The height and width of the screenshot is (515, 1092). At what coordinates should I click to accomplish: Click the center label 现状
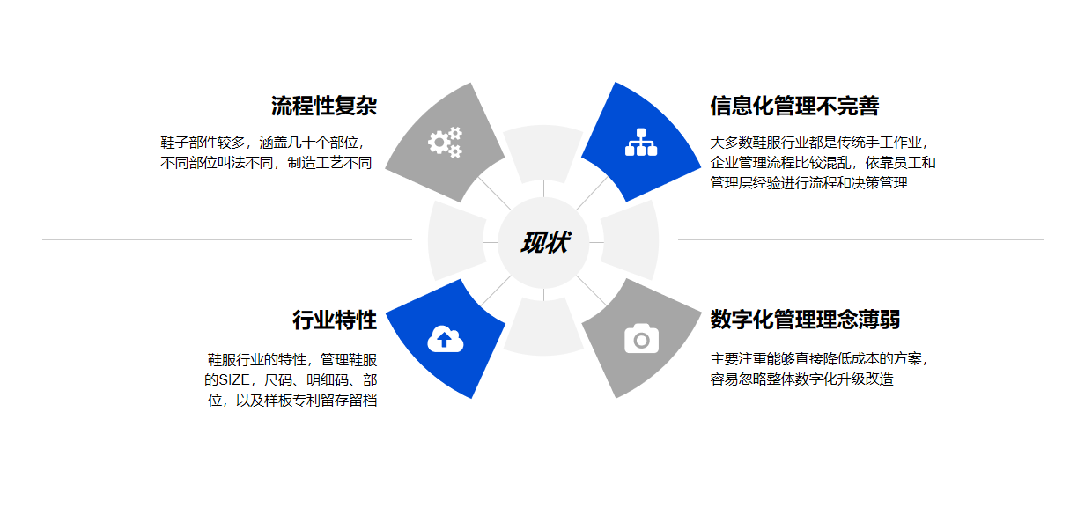click(543, 242)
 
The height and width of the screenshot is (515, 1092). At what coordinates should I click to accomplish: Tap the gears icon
click(445, 142)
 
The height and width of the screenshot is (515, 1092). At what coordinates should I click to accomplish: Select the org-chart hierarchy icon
click(641, 142)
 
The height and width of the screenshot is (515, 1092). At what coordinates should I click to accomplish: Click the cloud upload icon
click(445, 339)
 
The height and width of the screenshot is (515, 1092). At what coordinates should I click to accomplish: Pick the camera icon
click(641, 339)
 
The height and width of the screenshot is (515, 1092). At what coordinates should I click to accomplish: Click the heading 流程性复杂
click(324, 107)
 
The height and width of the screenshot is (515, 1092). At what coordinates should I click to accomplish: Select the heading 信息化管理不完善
click(794, 107)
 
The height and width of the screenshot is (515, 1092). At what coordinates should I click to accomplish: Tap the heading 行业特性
click(335, 320)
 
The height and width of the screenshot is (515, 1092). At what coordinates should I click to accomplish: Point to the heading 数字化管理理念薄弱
click(805, 320)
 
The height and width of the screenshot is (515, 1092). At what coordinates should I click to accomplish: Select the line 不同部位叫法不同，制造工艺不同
click(266, 163)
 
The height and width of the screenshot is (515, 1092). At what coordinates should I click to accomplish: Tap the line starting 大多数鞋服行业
click(819, 142)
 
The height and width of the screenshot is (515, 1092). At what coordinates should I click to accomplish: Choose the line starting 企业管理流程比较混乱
click(823, 163)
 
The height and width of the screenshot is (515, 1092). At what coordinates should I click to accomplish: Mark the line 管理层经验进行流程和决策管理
click(808, 183)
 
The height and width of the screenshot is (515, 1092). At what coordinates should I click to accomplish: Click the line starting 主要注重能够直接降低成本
click(819, 359)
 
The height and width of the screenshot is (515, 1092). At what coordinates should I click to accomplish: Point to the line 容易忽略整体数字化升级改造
click(801, 380)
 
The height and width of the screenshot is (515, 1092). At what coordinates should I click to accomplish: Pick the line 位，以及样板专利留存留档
click(292, 401)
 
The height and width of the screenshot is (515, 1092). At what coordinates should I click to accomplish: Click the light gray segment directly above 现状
click(543, 152)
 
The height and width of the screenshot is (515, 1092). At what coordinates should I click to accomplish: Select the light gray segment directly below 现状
click(543, 327)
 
